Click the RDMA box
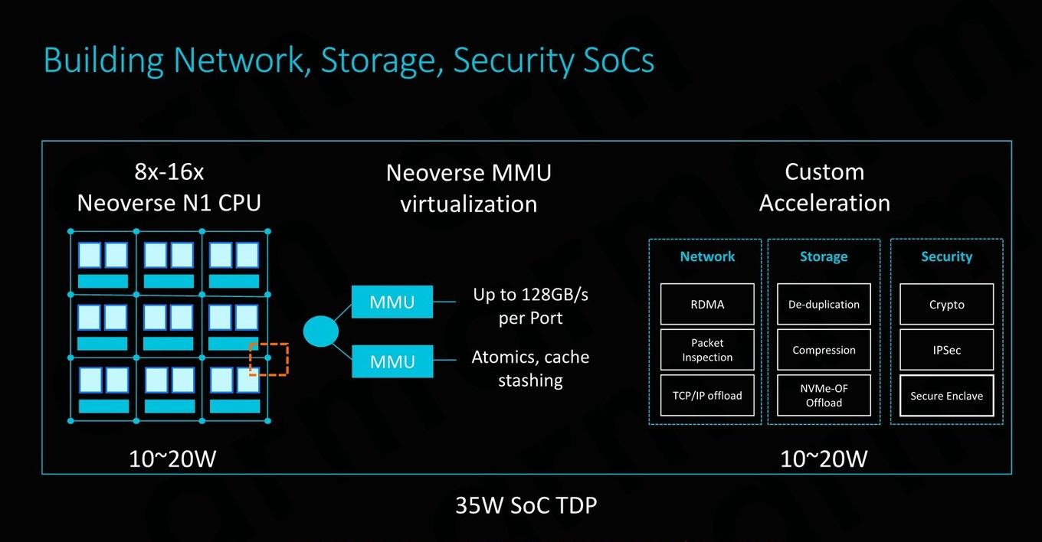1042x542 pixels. click(x=707, y=304)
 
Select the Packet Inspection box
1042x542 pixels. click(x=707, y=350)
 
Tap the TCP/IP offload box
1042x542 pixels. click(x=707, y=395)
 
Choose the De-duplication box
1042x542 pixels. click(x=824, y=304)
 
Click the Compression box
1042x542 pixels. click(x=824, y=350)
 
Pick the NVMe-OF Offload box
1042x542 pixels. click(x=824, y=395)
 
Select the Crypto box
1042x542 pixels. click(x=947, y=304)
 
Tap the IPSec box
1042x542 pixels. click(x=947, y=350)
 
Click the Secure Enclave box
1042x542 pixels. click(x=947, y=395)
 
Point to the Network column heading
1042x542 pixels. click(x=707, y=256)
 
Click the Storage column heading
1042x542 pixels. click(x=824, y=256)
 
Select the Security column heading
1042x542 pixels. click(x=947, y=256)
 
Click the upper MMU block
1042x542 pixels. click(x=392, y=302)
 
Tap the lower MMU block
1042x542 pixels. click(x=392, y=361)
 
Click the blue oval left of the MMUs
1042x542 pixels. click(x=320, y=331)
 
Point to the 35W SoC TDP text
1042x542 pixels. click(x=526, y=505)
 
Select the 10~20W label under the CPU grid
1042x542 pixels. click(x=172, y=459)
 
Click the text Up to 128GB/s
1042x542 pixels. click(x=530, y=295)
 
